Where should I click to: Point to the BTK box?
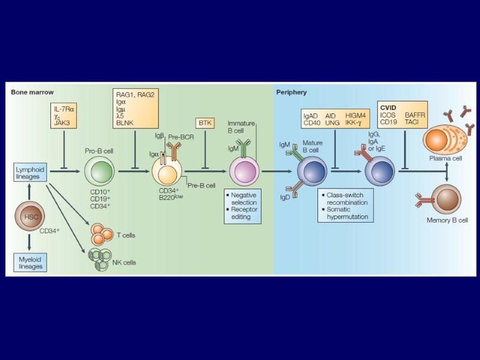point(206,122)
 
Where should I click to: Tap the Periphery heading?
point(292,92)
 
